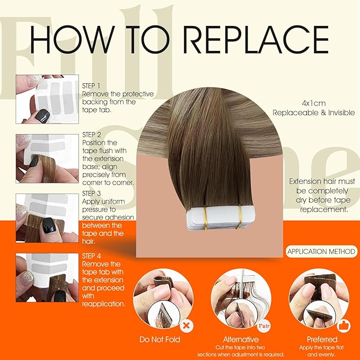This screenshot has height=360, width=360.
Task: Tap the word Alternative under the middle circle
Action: click(x=241, y=339)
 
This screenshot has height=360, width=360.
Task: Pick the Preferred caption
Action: click(x=321, y=339)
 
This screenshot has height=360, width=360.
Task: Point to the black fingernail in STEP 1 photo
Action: click(x=42, y=116)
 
